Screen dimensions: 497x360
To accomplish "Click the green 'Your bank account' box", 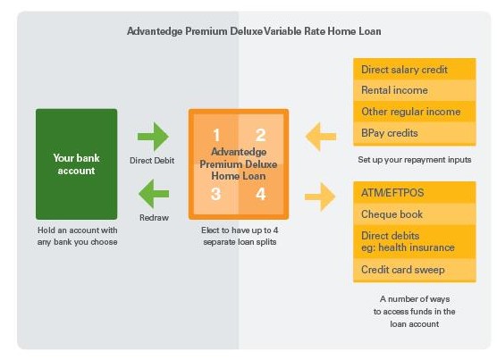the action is [x=76, y=164].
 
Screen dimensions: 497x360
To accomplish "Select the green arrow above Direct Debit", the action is [x=153, y=137].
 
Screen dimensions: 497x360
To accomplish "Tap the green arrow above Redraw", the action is [x=154, y=194].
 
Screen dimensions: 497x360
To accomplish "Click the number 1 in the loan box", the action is [x=216, y=135].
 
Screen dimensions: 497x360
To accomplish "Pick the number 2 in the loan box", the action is [x=260, y=135].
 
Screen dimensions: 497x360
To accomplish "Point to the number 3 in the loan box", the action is [x=215, y=194].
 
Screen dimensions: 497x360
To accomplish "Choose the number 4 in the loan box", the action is [x=260, y=194].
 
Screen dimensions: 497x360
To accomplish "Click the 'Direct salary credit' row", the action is [x=415, y=69].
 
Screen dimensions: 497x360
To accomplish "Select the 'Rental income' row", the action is [x=415, y=90].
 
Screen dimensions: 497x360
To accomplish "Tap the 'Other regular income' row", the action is [x=415, y=112].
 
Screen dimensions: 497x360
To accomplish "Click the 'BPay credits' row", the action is [x=415, y=134].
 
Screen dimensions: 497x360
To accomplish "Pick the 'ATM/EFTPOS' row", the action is [x=415, y=193].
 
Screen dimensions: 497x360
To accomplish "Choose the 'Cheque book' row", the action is [x=415, y=214].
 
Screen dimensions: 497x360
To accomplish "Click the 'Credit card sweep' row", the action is [x=415, y=270].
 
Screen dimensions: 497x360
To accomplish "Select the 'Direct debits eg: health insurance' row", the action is [x=415, y=242].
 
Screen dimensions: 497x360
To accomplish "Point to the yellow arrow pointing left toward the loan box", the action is [x=320, y=137].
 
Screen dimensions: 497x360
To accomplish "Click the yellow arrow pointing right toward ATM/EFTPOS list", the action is [x=320, y=197].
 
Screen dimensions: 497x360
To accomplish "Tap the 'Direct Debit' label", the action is [x=152, y=161].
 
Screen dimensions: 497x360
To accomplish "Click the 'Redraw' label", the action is [x=154, y=218].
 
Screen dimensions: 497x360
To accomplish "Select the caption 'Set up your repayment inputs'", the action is [x=415, y=160].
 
